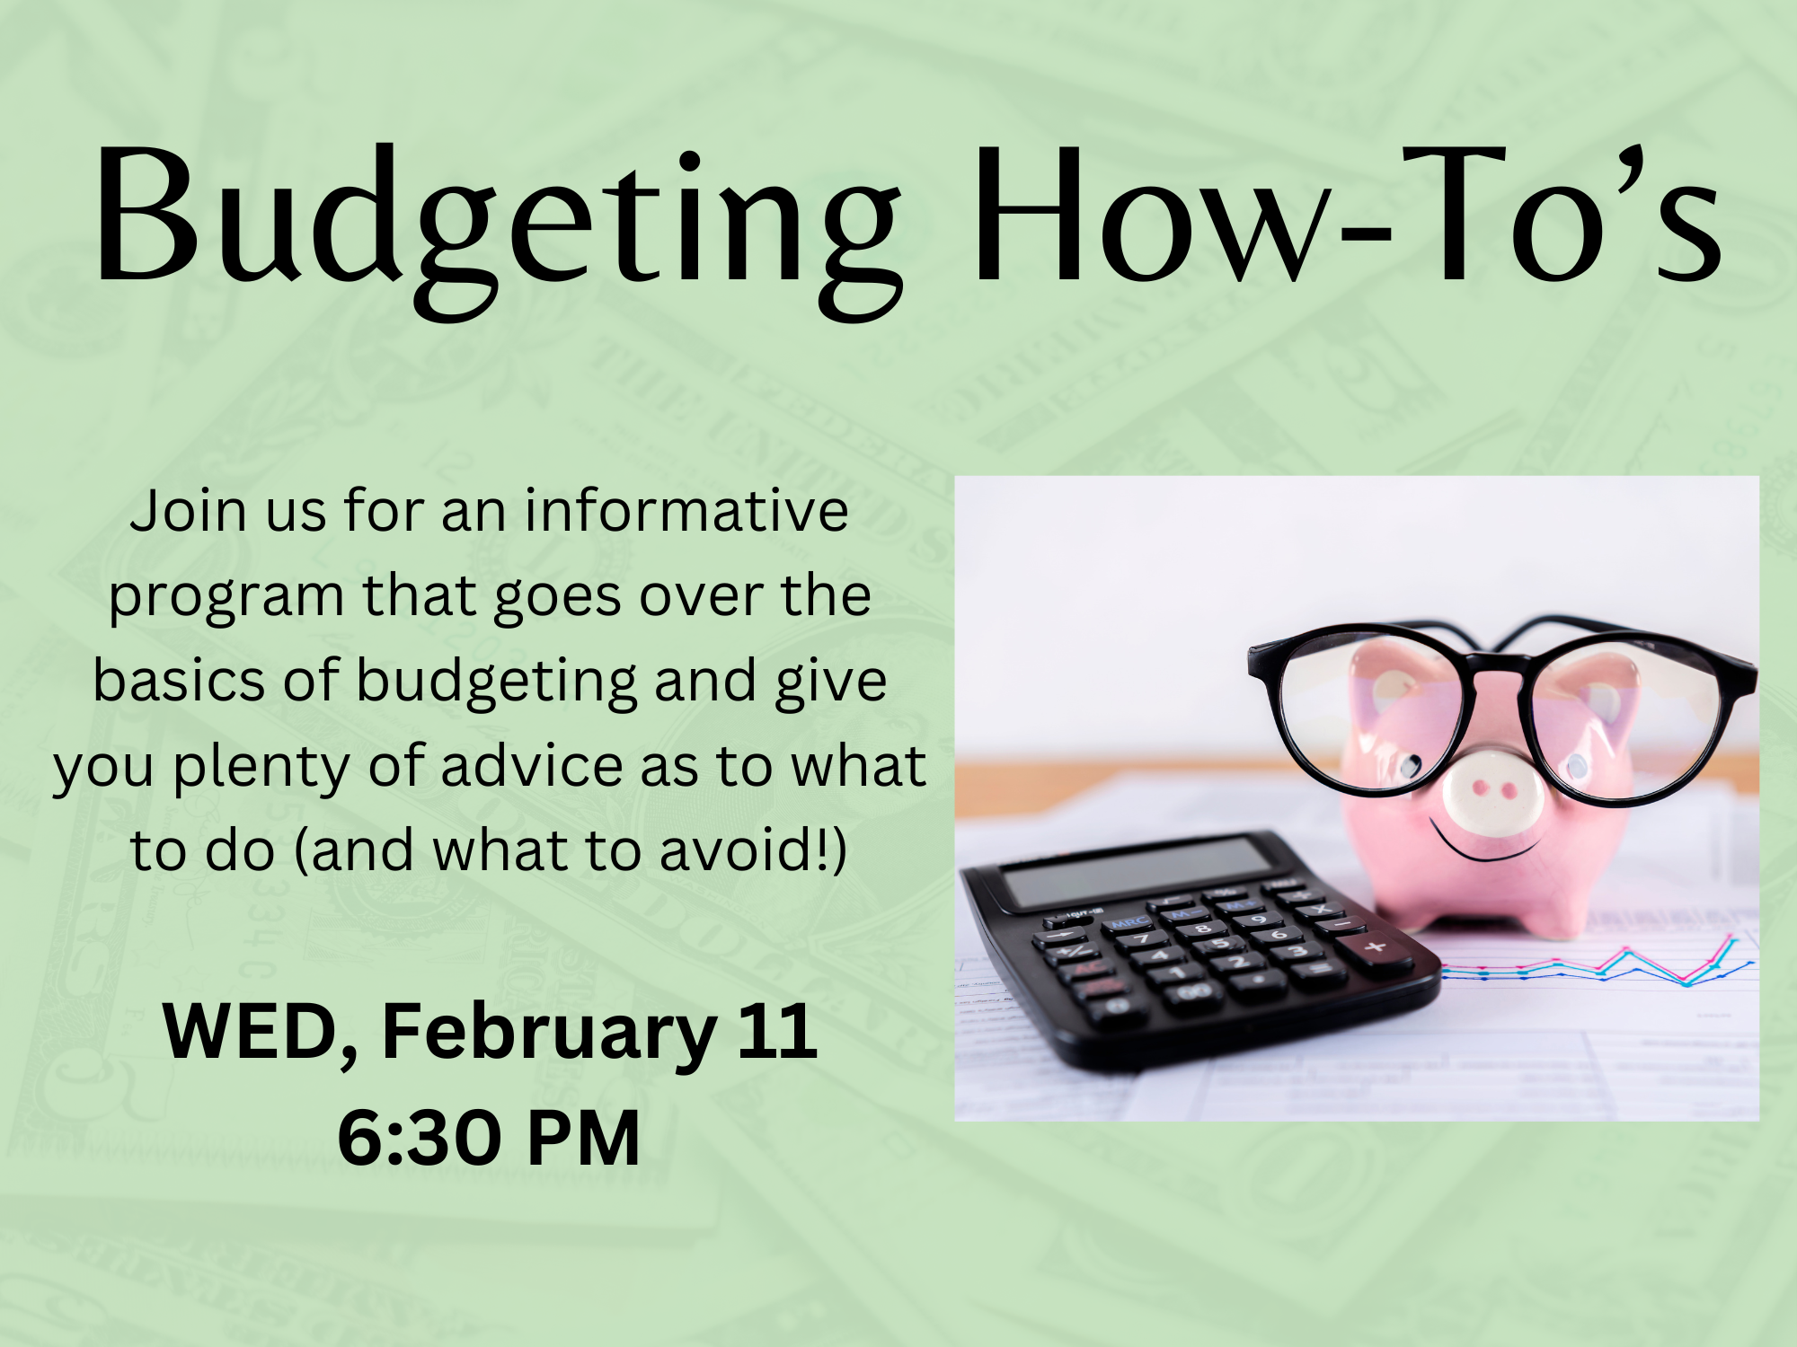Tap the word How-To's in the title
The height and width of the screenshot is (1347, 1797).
[1348, 220]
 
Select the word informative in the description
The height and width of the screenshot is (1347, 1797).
[686, 511]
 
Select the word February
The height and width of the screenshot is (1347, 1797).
[549, 1033]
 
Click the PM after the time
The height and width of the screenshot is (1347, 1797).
[584, 1139]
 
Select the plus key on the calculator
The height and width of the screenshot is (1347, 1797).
[1376, 947]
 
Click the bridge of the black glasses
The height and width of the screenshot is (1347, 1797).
[1496, 669]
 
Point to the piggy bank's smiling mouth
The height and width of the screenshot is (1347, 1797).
[1483, 849]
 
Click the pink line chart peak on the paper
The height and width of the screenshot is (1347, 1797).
[1731, 938]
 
